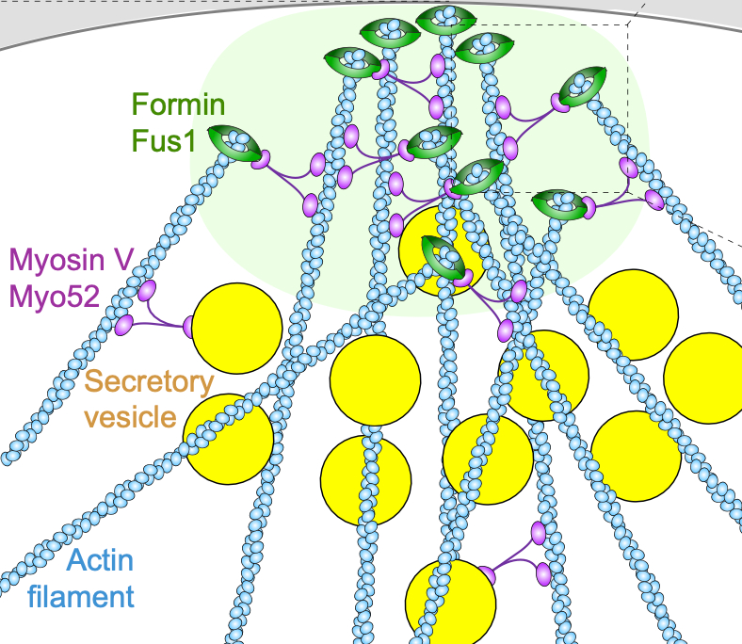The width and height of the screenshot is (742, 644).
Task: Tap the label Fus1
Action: coord(163,140)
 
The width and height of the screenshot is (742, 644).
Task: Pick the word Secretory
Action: coord(150,382)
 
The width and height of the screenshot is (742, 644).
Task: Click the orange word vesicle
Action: coord(130,416)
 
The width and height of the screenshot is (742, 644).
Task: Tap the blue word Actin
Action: coord(100,562)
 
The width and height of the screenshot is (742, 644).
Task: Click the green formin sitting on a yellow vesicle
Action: coord(443,256)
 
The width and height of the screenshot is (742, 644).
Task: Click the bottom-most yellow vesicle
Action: coord(450,604)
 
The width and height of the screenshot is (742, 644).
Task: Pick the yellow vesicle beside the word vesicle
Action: coord(228,439)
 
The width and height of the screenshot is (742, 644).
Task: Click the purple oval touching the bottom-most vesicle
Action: coord(487,574)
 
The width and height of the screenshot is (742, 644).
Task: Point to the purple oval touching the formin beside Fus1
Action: coord(258,157)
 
